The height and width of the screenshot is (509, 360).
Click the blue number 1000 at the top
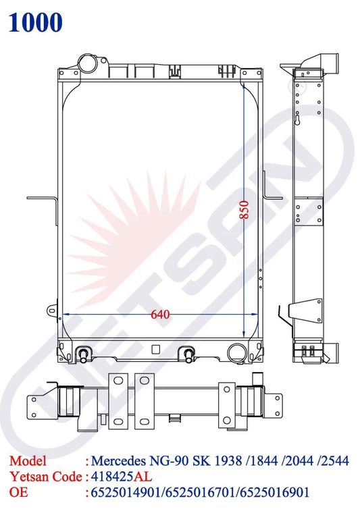[x=35, y=22]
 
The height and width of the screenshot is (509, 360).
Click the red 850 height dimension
[x=245, y=210]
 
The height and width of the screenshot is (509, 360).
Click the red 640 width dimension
[x=160, y=314]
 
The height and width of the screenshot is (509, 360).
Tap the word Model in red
[x=28, y=460]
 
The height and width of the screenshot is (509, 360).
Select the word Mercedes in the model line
[x=119, y=460]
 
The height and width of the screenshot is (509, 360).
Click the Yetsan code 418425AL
[x=122, y=477]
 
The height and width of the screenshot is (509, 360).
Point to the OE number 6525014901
[x=126, y=492]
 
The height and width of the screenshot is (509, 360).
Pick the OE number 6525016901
[x=274, y=492]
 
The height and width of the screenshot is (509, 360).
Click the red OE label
[x=19, y=492]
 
